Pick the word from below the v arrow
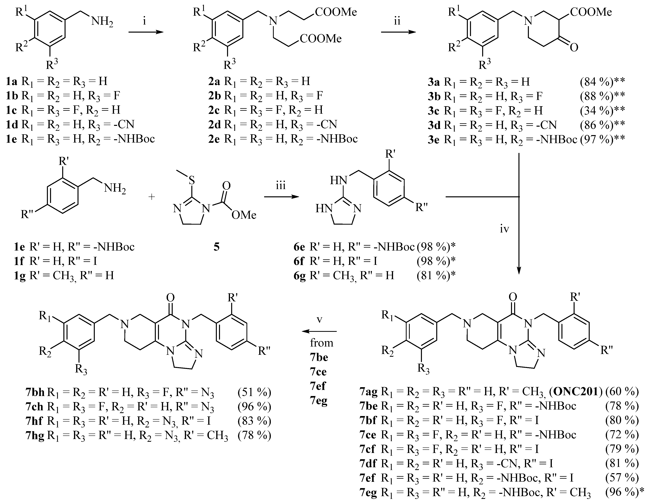pos(321,343)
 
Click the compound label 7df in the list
pos(368,463)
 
